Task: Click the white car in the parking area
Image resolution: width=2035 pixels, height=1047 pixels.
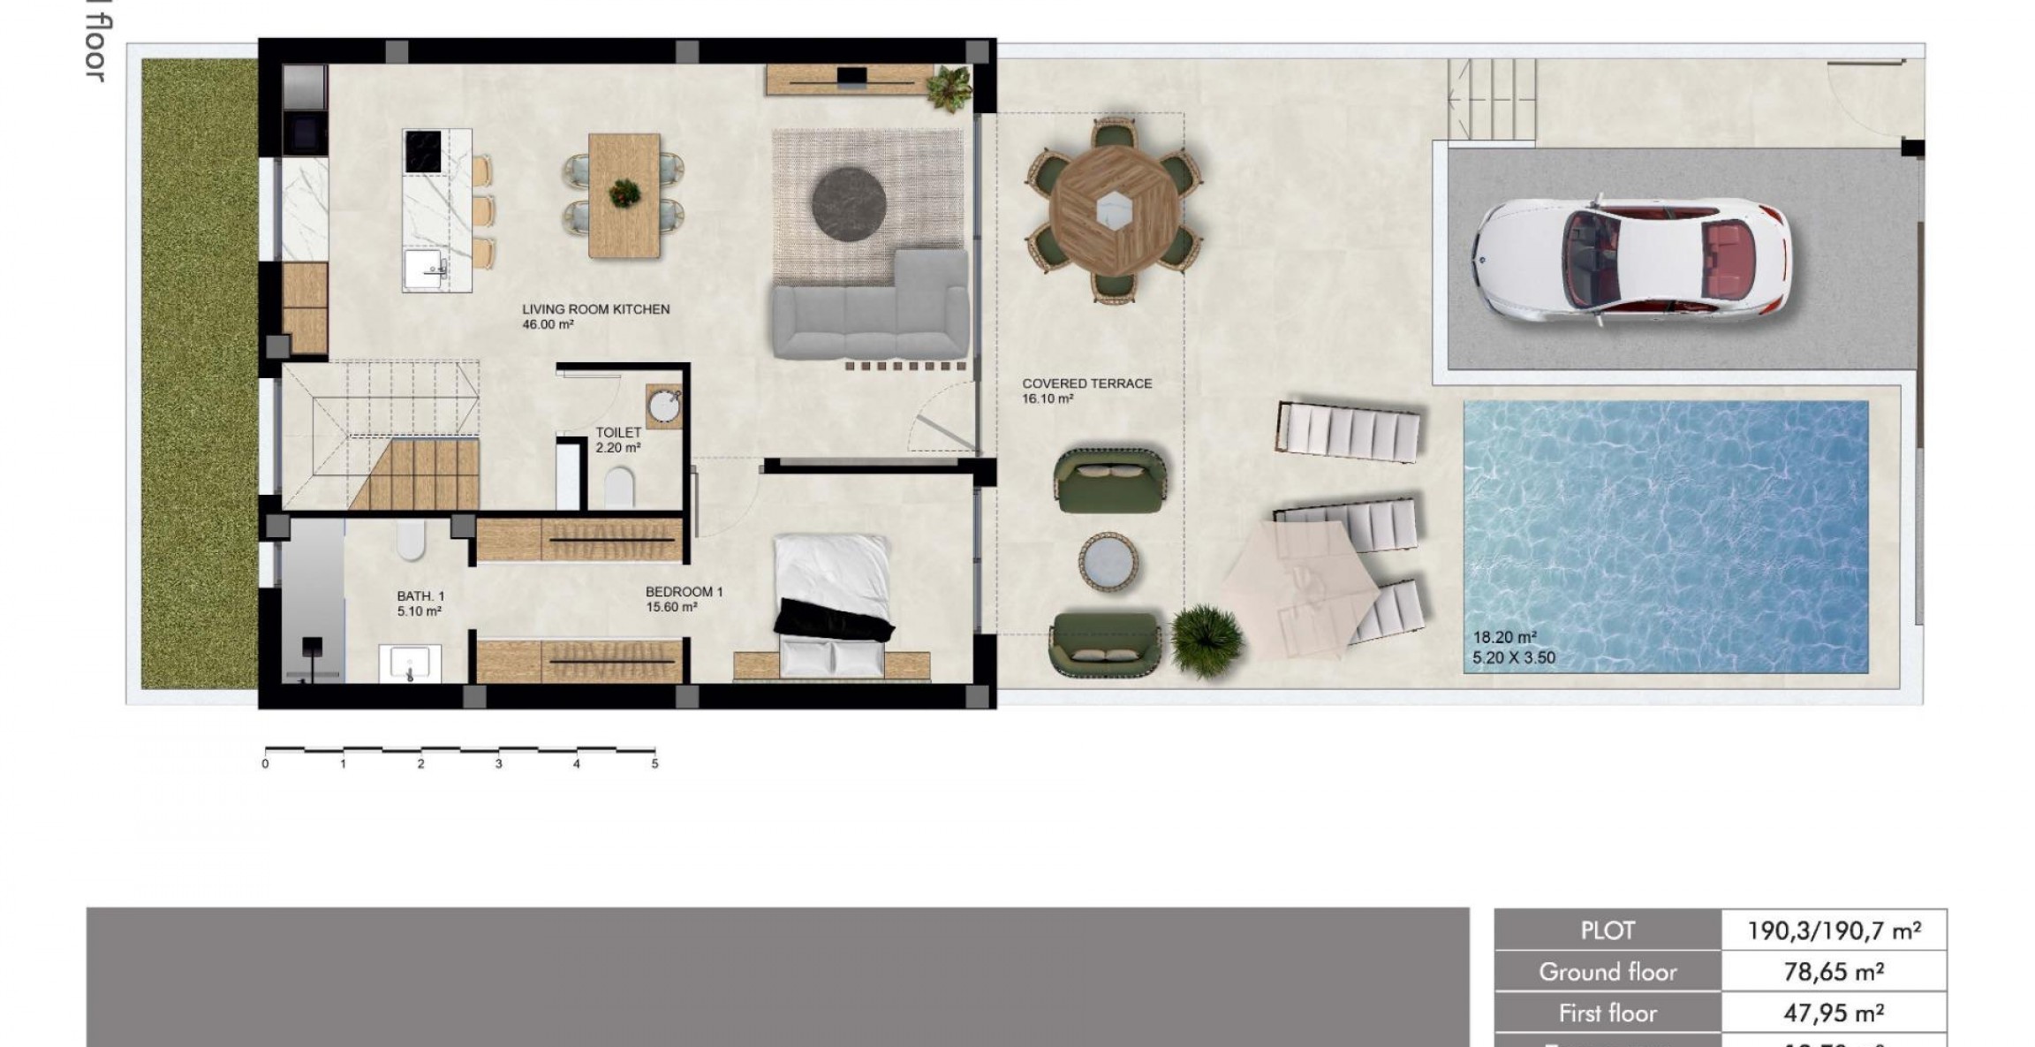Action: point(1630,260)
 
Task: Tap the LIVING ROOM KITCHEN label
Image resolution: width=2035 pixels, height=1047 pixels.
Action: point(595,309)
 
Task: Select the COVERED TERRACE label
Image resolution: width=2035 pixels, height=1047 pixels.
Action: point(1086,383)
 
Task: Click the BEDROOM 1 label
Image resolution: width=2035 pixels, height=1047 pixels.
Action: point(684,592)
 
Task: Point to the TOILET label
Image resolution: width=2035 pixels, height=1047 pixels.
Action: point(618,432)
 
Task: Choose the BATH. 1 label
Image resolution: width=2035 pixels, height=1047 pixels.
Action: point(420,596)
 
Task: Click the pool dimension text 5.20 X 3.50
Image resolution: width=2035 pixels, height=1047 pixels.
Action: point(1514,657)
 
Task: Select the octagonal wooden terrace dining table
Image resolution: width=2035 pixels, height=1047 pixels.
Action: point(1114,210)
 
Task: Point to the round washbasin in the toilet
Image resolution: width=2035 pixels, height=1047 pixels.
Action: point(664,406)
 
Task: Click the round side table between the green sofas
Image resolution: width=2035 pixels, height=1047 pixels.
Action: point(1108,562)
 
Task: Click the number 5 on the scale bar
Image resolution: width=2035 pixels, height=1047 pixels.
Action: point(654,764)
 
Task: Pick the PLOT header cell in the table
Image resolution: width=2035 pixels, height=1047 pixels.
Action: point(1607,930)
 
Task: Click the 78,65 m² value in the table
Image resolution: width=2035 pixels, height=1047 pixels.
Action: point(1834,972)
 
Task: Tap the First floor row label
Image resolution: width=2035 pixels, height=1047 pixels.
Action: point(1607,1013)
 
